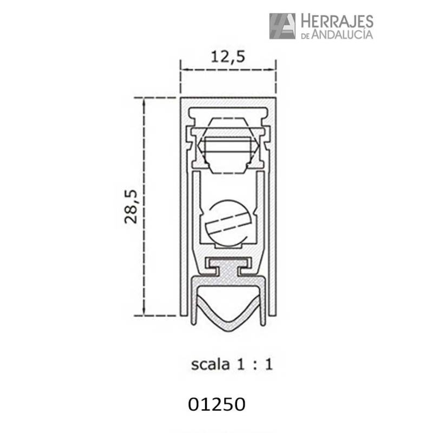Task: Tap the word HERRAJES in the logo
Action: coord(336,22)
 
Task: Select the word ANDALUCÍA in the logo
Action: coord(342,35)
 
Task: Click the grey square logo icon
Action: coord(282,26)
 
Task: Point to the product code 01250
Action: coord(216,404)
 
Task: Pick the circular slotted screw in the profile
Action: coord(228,222)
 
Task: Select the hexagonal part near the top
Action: coord(228,145)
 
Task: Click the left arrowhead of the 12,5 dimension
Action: coord(183,70)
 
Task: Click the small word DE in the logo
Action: coord(304,36)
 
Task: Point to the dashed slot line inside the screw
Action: coord(228,222)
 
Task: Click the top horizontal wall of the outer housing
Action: coord(228,101)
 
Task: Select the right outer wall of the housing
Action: coord(273,206)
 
